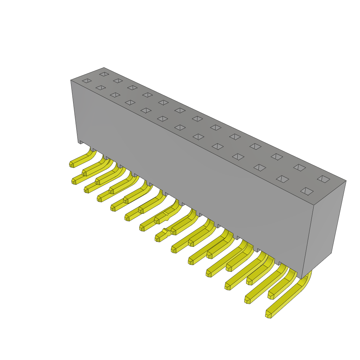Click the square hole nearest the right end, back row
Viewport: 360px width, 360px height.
(x=323, y=179)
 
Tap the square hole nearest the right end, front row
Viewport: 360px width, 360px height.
(x=307, y=191)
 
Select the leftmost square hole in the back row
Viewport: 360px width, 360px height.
(x=104, y=74)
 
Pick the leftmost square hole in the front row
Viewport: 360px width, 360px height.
(x=87, y=81)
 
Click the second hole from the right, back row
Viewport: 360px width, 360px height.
(x=300, y=168)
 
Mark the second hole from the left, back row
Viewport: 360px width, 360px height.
(x=118, y=81)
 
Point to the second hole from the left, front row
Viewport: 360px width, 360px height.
(x=101, y=88)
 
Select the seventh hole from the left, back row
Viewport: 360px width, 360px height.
(x=197, y=119)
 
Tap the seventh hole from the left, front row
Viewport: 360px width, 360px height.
(x=180, y=128)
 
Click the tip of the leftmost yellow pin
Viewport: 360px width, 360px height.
(x=72, y=165)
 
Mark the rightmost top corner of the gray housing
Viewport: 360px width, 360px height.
(x=346, y=181)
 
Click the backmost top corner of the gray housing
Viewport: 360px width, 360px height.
(x=104, y=68)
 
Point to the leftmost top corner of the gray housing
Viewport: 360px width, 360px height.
(x=71, y=80)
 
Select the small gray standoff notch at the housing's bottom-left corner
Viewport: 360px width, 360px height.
(x=81, y=142)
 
